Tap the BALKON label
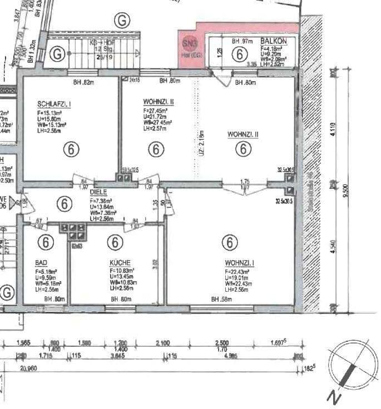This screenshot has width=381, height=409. [275, 41]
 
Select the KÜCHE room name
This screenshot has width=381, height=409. [120, 262]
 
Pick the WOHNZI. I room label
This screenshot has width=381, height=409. [240, 263]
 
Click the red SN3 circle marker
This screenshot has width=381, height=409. [189, 43]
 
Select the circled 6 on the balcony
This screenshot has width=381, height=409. [239, 54]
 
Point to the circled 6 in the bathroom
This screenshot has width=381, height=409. [46, 242]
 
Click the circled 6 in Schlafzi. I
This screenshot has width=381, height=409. [70, 149]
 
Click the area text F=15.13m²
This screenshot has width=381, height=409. [52, 113]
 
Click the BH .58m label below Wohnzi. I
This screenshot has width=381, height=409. [221, 300]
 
